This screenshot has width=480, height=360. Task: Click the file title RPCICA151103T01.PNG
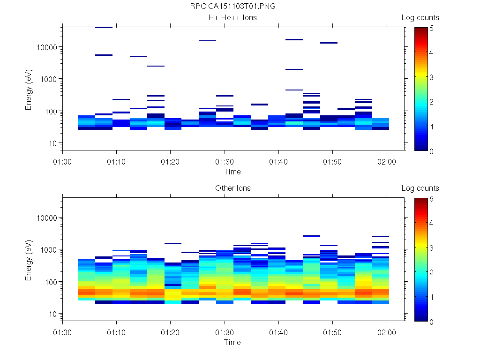(232, 6)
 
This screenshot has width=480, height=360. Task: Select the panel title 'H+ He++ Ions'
(232, 17)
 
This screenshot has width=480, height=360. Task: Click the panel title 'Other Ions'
(232, 188)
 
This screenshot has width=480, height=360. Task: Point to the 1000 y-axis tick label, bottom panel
(49, 250)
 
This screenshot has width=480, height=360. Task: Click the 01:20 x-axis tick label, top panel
(171, 161)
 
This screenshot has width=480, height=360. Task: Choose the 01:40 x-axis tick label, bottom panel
(279, 332)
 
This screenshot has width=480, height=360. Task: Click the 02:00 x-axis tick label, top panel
(387, 161)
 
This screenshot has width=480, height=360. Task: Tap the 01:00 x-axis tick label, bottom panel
(63, 332)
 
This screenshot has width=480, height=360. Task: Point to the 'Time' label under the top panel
(232, 172)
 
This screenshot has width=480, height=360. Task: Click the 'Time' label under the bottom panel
(232, 342)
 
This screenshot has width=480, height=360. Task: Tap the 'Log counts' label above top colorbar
(420, 17)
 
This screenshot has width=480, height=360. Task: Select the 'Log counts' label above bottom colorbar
(420, 188)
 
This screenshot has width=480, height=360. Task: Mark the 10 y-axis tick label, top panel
(52, 143)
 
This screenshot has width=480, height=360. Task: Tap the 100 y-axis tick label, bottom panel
(51, 282)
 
